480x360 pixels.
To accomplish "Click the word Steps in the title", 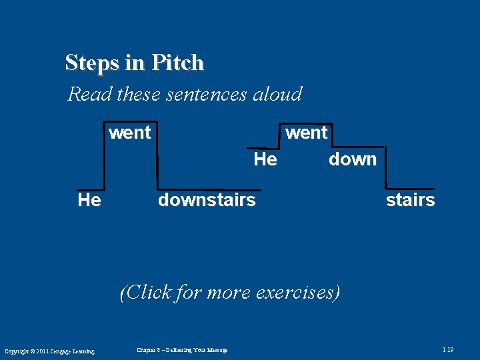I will [x=92, y=63].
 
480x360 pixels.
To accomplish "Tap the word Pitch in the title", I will [x=177, y=63].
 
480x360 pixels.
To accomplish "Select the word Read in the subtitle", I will [x=90, y=94].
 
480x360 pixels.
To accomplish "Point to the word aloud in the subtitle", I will [x=277, y=94].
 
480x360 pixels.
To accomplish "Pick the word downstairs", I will [x=207, y=200].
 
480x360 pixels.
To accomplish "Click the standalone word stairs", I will [x=411, y=200].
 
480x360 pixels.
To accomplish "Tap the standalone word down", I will [x=353, y=159].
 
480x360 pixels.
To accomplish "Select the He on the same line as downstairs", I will [x=89, y=200].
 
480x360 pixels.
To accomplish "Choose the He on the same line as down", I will [x=265, y=159].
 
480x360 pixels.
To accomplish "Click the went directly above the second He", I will [x=307, y=133].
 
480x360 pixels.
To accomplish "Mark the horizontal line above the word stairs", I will [x=410, y=189].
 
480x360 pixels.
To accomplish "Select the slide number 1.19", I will [x=448, y=350].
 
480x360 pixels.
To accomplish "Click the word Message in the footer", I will [x=217, y=350].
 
